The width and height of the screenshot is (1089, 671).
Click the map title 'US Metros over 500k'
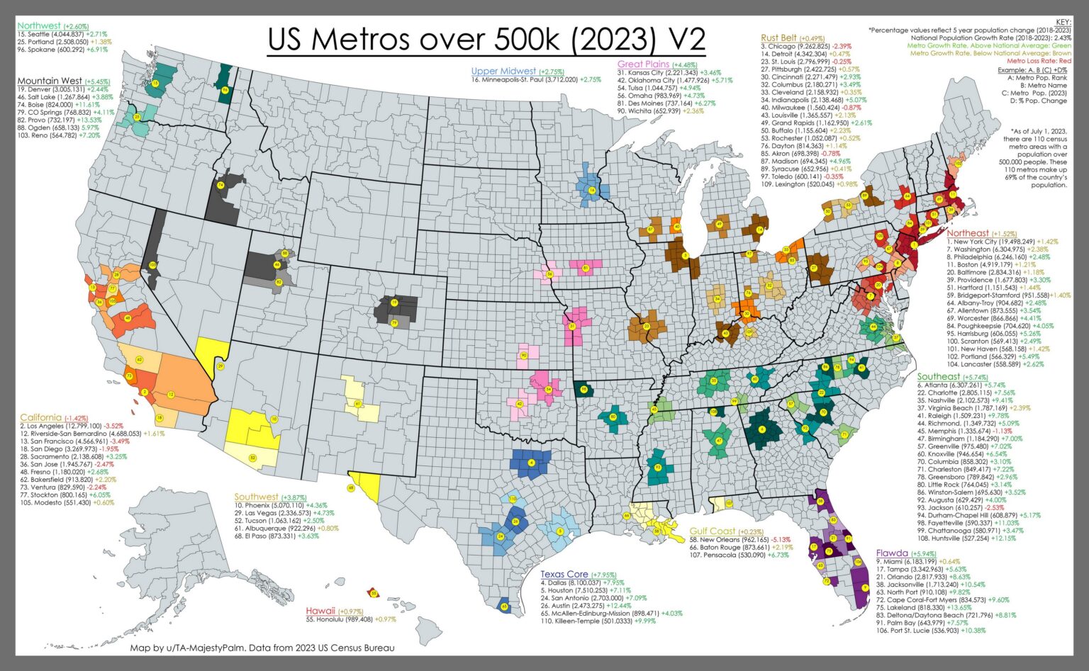[486, 40]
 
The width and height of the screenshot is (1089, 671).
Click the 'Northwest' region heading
[40, 26]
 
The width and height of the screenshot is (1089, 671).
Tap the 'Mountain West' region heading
[50, 81]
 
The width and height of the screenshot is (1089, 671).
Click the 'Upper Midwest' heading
[504, 72]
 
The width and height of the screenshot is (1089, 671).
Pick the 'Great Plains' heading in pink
[643, 64]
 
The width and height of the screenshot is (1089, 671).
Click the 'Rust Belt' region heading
[778, 38]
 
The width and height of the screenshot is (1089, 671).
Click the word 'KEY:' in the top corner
[1063, 23]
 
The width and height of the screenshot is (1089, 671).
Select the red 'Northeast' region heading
[968, 233]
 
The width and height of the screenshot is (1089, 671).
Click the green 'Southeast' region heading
[939, 376]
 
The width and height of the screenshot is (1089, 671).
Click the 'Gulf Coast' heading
[713, 531]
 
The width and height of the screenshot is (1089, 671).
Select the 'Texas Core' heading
[564, 574]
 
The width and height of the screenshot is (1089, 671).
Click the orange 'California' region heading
[40, 417]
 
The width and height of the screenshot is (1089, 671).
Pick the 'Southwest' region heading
[256, 497]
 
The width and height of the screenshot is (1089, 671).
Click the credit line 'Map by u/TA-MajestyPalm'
[262, 648]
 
